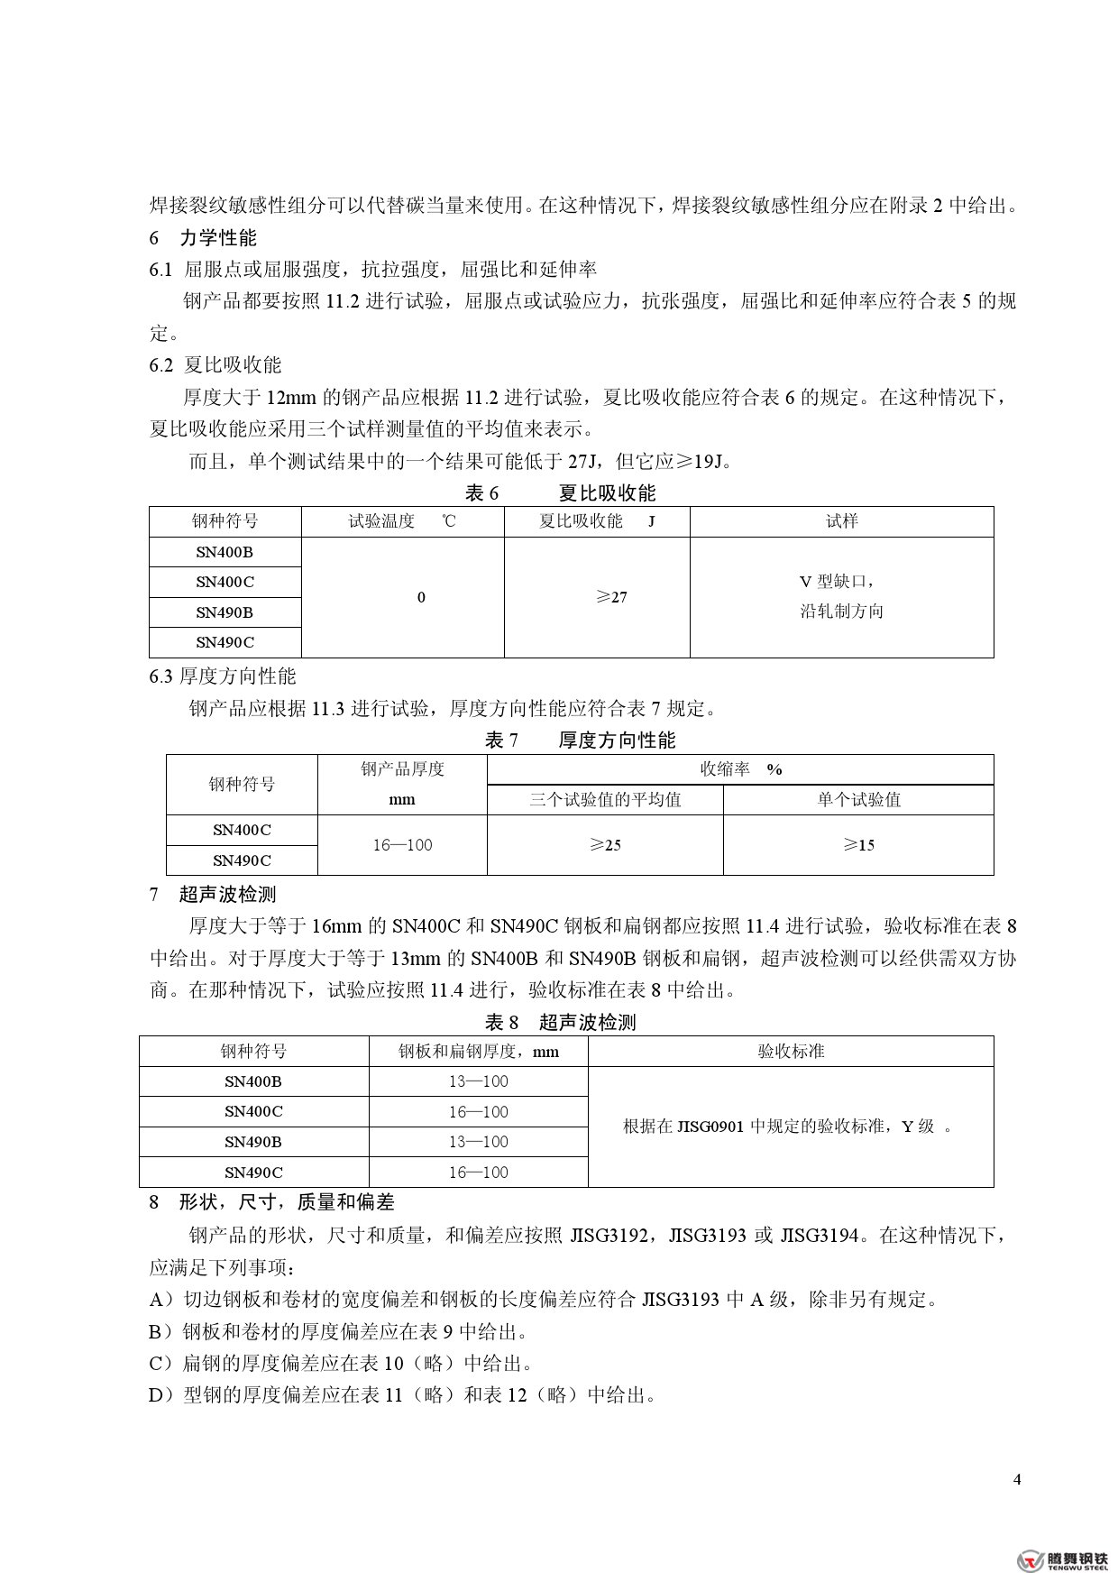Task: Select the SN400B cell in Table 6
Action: (225, 552)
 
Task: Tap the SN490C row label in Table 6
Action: (225, 642)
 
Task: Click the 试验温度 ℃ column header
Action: (402, 521)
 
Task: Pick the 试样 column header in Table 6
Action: (841, 521)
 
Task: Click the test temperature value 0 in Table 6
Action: (421, 597)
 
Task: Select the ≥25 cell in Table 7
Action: (605, 845)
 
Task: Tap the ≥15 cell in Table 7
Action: (858, 845)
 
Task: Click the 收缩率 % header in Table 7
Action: (740, 769)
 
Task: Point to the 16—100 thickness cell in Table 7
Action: (402, 845)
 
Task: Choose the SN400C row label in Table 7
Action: (242, 830)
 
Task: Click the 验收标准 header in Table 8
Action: (791, 1051)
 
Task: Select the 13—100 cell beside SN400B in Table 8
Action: (478, 1081)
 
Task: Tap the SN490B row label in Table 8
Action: (253, 1142)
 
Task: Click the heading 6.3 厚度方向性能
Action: (223, 676)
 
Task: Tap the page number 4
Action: (1018, 1480)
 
